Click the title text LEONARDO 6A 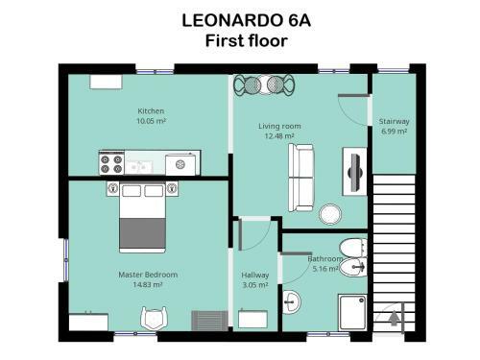point(239,19)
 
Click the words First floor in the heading point(239,40)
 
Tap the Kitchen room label point(151,111)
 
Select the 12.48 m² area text point(279,135)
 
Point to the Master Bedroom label point(148,275)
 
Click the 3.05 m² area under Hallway point(255,284)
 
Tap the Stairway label point(394,122)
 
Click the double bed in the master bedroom point(143,217)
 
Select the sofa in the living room point(301,177)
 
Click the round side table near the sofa point(332,213)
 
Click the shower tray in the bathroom point(351,312)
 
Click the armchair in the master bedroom point(155,318)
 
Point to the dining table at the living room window point(261,84)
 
